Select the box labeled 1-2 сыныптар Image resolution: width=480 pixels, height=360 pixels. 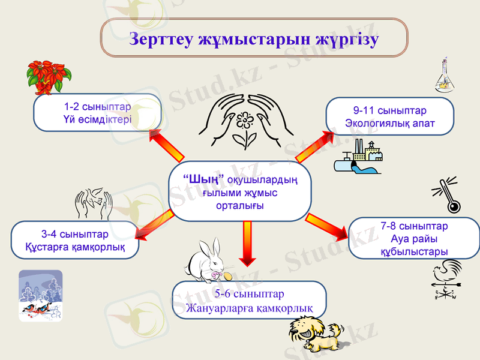point(97,113)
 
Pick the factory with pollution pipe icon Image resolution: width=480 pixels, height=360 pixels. point(359,157)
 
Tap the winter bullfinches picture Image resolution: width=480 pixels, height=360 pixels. point(40,295)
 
